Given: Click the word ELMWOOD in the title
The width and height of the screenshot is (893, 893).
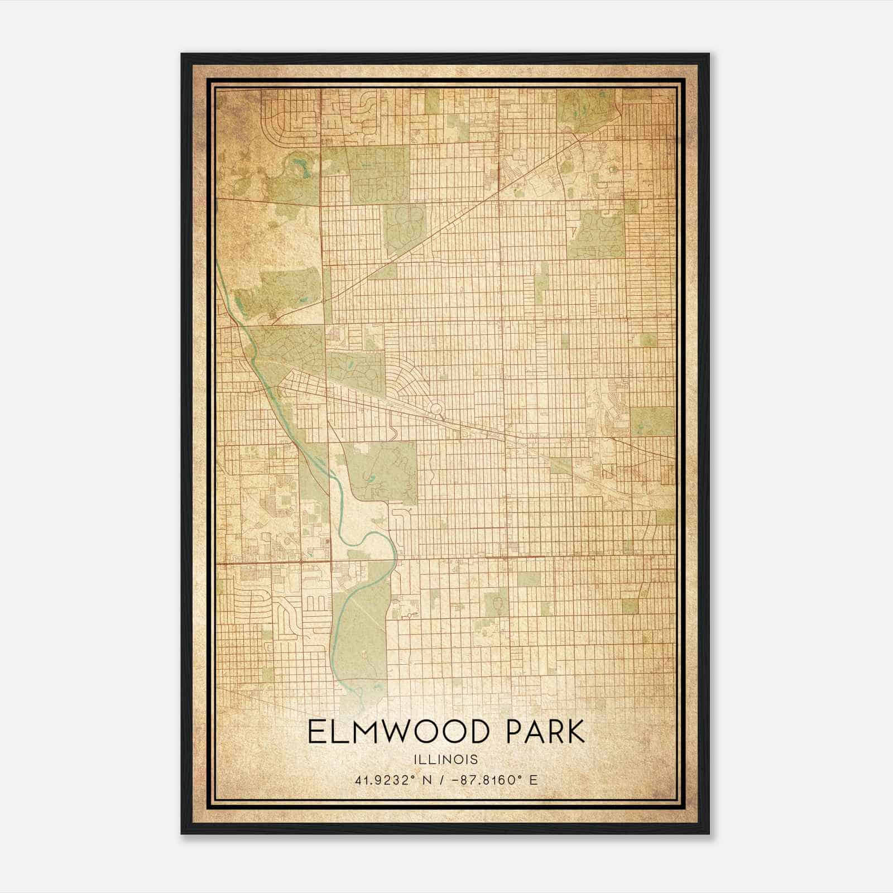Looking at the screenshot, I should point(401,732).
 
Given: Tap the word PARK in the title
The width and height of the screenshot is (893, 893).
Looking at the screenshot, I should point(545,732).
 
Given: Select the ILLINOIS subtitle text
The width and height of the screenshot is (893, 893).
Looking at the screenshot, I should point(446,760).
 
